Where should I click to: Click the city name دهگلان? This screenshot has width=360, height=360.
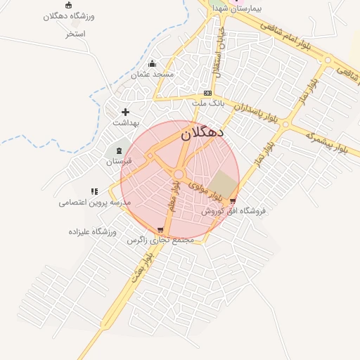(x=202, y=132)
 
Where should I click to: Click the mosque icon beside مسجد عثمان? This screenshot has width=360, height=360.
(x=152, y=64)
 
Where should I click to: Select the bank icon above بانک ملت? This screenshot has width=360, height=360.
(x=207, y=93)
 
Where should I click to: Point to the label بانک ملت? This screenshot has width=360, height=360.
(x=207, y=103)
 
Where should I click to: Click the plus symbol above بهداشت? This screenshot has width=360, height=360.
(x=126, y=112)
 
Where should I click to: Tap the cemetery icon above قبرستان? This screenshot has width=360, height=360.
(x=119, y=151)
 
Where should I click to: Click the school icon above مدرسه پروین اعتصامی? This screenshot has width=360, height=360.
(x=94, y=191)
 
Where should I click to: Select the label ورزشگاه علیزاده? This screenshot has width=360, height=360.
(x=92, y=231)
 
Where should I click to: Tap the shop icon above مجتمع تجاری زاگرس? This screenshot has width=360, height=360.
(x=160, y=230)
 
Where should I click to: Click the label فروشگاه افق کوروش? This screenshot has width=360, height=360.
(x=234, y=211)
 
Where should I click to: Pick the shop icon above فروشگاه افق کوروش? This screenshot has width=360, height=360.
(x=233, y=201)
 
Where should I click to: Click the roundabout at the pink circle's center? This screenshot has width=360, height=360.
(x=179, y=174)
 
